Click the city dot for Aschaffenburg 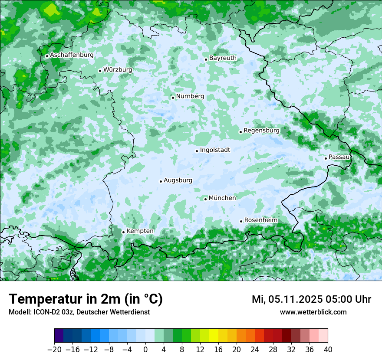(47, 56)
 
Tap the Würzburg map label (118, 69)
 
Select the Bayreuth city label (223, 58)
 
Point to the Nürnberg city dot (173, 98)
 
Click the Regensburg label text (261, 130)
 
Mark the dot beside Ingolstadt (197, 151)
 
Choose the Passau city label (339, 157)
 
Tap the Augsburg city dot (161, 181)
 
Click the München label (222, 198)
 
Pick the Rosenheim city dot (241, 221)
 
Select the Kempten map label (140, 231)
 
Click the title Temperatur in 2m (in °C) (86, 299)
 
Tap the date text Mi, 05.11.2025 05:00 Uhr (311, 299)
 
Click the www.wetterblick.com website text (313, 312)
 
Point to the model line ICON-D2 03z (79, 312)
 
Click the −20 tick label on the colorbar (54, 350)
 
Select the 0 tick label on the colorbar (145, 350)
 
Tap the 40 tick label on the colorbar (328, 350)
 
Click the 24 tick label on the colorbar (255, 350)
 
